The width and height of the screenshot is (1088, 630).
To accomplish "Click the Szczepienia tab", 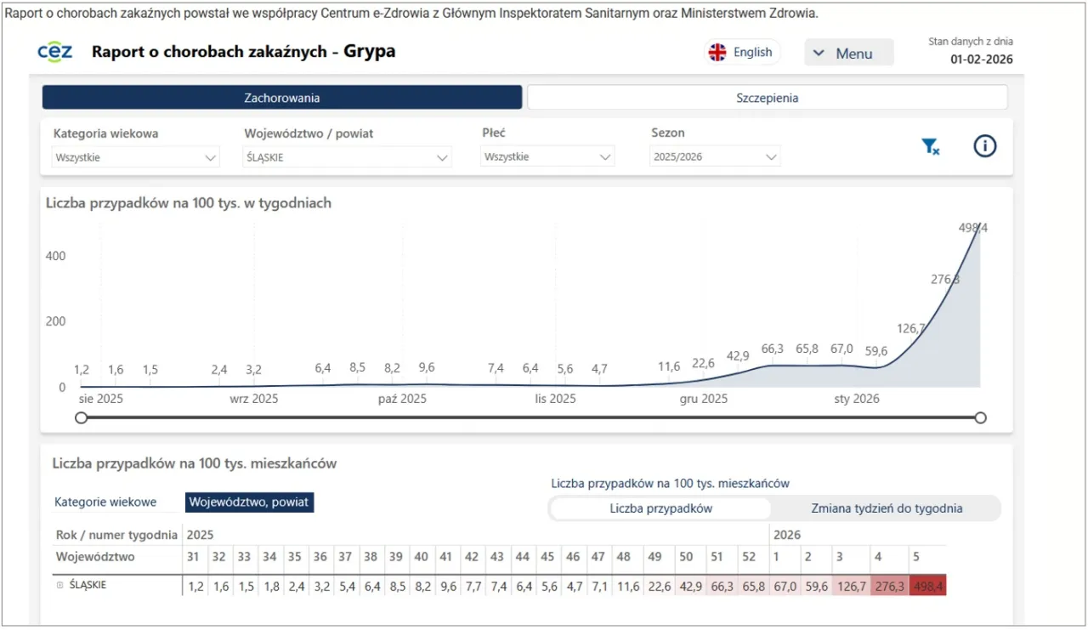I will (767, 98).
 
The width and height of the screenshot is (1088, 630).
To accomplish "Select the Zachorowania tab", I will (281, 98).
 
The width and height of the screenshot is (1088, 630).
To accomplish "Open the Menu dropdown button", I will (848, 54).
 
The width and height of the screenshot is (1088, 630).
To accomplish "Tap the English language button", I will (741, 53).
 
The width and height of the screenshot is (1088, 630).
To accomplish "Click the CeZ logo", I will (55, 52).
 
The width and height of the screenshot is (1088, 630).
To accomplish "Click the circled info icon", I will (984, 146).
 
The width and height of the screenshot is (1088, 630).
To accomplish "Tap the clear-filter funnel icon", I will (931, 147).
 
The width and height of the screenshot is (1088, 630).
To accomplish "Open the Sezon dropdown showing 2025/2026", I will (715, 157).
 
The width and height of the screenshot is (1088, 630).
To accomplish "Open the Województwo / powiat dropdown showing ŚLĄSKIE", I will (347, 157).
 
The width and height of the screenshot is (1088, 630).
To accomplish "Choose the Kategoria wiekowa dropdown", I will (135, 157).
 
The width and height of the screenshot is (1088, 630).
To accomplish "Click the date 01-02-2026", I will (981, 60).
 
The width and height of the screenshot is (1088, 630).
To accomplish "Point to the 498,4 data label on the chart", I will (972, 228).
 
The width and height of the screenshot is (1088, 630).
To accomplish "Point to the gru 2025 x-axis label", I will (703, 399).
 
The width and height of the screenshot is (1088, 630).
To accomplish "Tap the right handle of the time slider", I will (980, 417).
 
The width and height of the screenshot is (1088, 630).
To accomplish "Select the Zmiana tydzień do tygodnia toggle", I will (887, 508).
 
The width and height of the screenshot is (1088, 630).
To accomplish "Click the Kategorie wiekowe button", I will (105, 502).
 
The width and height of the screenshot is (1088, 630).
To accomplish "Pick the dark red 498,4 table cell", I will (927, 586).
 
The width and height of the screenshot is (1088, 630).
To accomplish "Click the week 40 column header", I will (422, 557).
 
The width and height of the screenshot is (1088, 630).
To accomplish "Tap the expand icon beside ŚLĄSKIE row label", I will (59, 585).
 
